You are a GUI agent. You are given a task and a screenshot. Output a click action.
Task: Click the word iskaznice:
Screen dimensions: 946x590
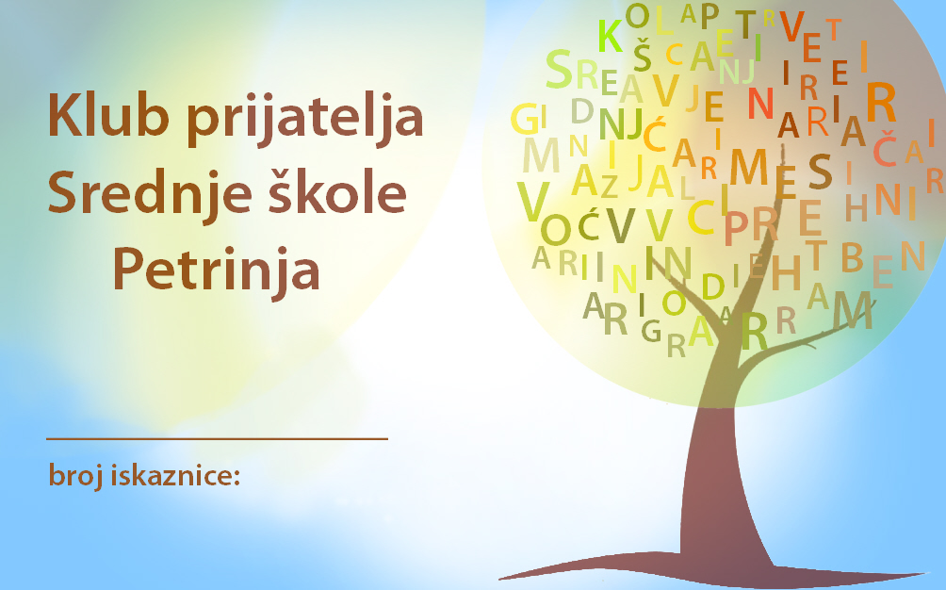coord(175,475)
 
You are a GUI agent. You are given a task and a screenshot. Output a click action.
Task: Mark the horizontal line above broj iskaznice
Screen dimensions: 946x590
coord(218,439)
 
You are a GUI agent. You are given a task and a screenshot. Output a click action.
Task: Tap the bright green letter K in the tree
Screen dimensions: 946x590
coord(610,36)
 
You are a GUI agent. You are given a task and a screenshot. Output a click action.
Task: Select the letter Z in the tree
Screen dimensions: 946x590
coord(610,187)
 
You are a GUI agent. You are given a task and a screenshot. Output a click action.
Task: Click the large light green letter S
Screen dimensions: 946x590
coord(559,70)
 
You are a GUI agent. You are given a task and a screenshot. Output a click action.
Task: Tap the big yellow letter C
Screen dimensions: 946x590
coord(701,217)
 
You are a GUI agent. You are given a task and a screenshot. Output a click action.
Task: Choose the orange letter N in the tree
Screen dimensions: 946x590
coord(760,104)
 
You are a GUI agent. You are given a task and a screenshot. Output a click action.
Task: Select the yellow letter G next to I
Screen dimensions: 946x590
coord(524,119)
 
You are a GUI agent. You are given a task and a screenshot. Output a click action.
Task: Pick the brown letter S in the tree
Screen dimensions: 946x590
coord(820,172)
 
